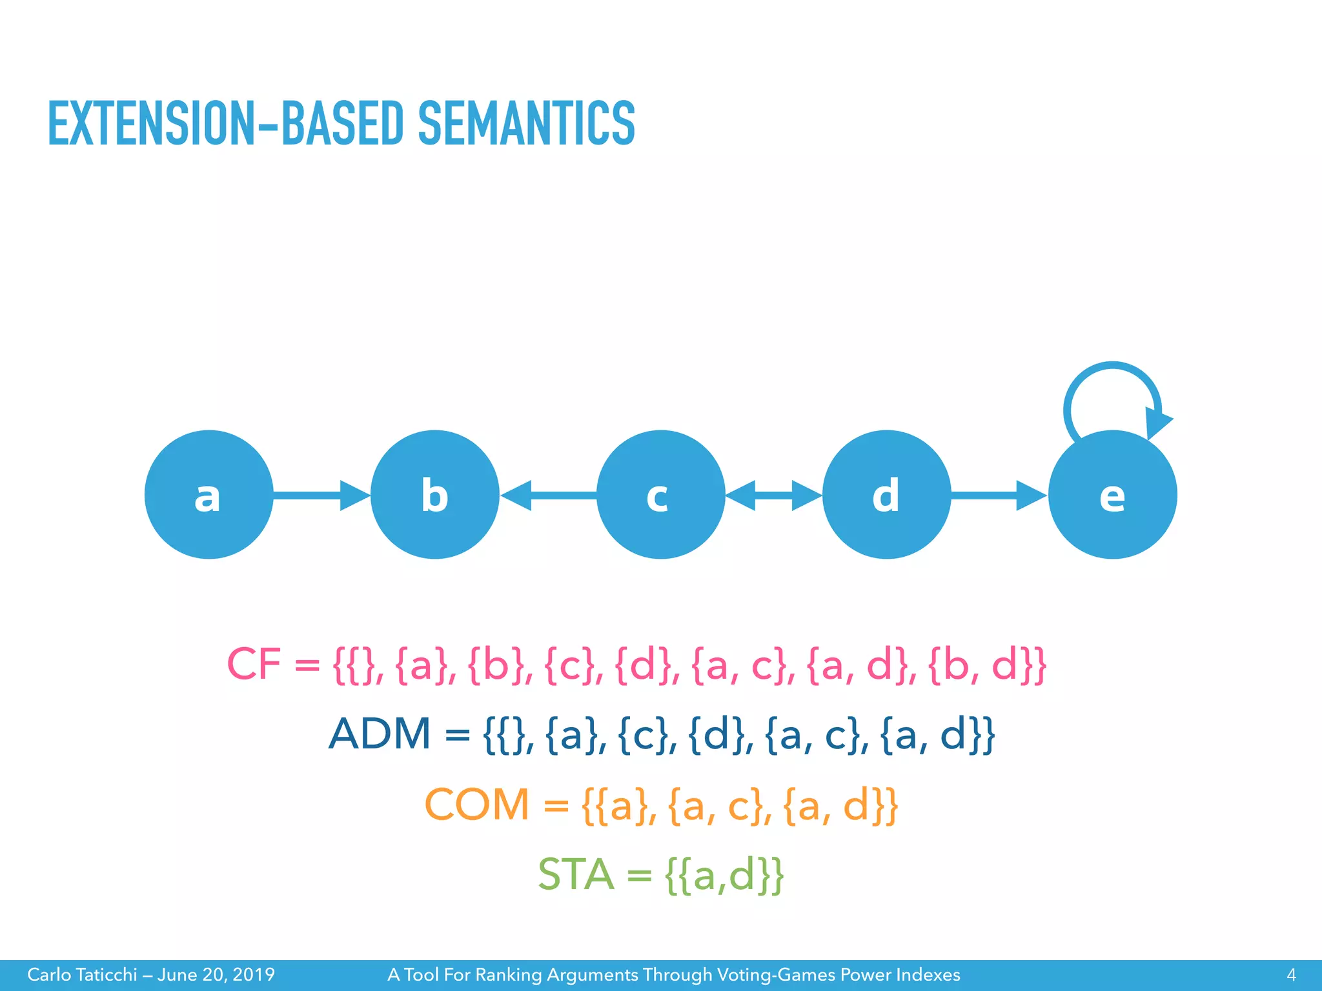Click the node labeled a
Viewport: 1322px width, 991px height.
208,495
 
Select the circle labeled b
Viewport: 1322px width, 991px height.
434,495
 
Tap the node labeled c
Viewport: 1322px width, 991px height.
660,495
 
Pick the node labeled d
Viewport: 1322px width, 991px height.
886,495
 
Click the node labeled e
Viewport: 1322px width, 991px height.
1112,495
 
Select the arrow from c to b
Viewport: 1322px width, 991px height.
549,495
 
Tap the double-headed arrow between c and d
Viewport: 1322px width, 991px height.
773,495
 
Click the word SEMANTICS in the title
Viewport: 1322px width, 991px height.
526,123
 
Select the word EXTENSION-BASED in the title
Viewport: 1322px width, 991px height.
225,123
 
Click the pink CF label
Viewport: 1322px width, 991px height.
254,664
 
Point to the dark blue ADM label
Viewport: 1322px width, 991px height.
380,734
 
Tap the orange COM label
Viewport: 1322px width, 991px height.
476,805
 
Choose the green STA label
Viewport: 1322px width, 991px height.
576,875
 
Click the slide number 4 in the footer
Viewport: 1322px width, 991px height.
1291,974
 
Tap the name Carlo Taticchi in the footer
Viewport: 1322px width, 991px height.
82,974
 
